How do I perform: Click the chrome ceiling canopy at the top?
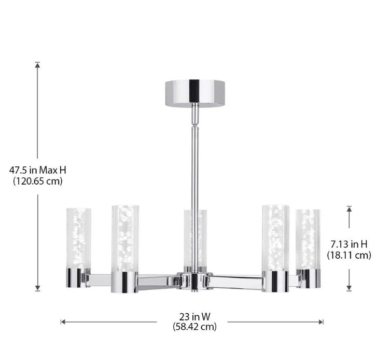(x=194, y=92)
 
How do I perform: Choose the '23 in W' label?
(x=194, y=316)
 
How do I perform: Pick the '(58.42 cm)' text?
(x=194, y=327)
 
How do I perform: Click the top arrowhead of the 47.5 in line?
(x=37, y=64)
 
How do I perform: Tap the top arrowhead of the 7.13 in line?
(x=349, y=208)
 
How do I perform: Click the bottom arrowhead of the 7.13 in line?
(x=349, y=288)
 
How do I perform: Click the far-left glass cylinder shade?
(x=78, y=239)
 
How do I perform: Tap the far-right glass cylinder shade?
(x=308, y=239)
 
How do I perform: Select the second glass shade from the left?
(x=125, y=238)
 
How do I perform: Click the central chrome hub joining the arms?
(x=194, y=280)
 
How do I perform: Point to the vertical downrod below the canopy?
(x=194, y=156)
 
